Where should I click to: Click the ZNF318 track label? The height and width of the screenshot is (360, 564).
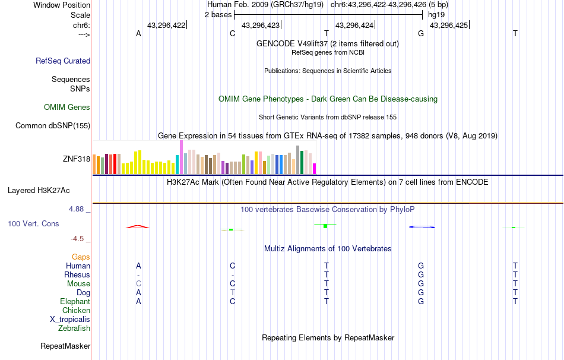click(x=76, y=159)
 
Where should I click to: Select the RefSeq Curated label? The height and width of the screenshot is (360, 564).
click(x=63, y=61)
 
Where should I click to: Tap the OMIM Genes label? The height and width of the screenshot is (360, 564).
click(x=67, y=108)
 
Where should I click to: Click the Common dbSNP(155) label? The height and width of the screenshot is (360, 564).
click(x=53, y=125)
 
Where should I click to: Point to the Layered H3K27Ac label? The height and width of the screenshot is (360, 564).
click(x=39, y=191)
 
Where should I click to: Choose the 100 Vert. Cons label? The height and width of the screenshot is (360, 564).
click(x=33, y=224)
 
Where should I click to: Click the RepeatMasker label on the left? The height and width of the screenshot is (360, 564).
click(x=65, y=346)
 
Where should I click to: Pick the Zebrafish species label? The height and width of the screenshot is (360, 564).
click(x=74, y=328)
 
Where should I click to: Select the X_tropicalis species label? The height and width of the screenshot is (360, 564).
click(x=70, y=319)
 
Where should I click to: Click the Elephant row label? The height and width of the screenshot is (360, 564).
click(x=75, y=301)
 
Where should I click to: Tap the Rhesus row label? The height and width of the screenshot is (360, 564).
click(x=77, y=274)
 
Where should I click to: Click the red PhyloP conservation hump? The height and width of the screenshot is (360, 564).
click(x=138, y=226)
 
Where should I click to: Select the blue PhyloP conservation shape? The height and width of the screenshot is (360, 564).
click(x=422, y=227)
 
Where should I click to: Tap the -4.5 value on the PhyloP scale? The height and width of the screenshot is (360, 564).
click(x=80, y=239)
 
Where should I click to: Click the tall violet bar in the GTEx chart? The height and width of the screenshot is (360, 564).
click(x=181, y=157)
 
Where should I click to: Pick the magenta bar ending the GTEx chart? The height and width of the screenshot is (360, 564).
click(x=315, y=169)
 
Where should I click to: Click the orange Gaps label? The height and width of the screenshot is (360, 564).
click(x=81, y=257)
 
